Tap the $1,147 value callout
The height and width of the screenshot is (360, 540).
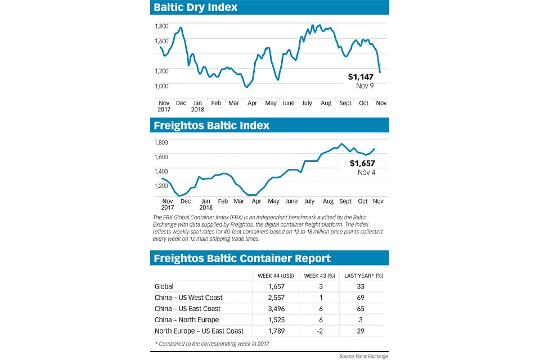361,76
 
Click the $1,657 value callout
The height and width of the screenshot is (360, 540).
362,163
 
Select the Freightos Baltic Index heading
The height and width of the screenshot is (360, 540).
212,125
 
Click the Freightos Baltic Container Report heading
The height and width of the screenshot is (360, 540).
242,258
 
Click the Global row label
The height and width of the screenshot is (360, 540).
164,286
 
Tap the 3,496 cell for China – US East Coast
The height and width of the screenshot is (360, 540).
275,309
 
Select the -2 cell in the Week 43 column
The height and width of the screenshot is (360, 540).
319,331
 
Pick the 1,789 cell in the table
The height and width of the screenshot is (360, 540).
275,331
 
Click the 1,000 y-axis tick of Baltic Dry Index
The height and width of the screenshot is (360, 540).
162,86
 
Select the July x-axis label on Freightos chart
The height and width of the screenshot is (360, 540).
309,201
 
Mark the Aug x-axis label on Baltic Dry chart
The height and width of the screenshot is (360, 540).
326,103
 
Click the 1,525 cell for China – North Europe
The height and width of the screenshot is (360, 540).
275,319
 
